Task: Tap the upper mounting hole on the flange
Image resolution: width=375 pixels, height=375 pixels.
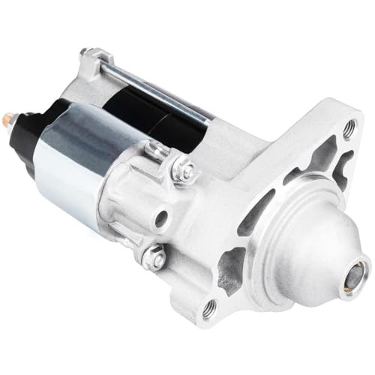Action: coord(349,129)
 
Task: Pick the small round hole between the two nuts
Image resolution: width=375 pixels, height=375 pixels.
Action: coord(160,219)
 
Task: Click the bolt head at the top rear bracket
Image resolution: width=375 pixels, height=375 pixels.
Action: coord(87,54)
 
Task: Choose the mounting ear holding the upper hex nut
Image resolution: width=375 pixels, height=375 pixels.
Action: coord(169,161)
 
